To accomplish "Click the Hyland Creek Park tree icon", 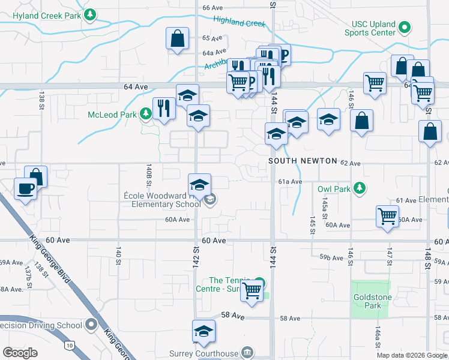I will [90, 14].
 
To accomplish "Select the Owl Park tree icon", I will [360, 189].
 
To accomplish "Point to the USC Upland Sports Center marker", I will [405, 28].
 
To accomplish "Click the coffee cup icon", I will [25, 188].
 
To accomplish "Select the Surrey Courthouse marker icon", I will [247, 352].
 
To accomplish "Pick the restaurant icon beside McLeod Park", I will [163, 108].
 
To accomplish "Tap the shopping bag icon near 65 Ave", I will [178, 39].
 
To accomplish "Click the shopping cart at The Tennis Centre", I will [252, 291].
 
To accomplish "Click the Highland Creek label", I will [239, 22].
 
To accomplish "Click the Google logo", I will [20, 352].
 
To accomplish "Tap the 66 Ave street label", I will [212, 7].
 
